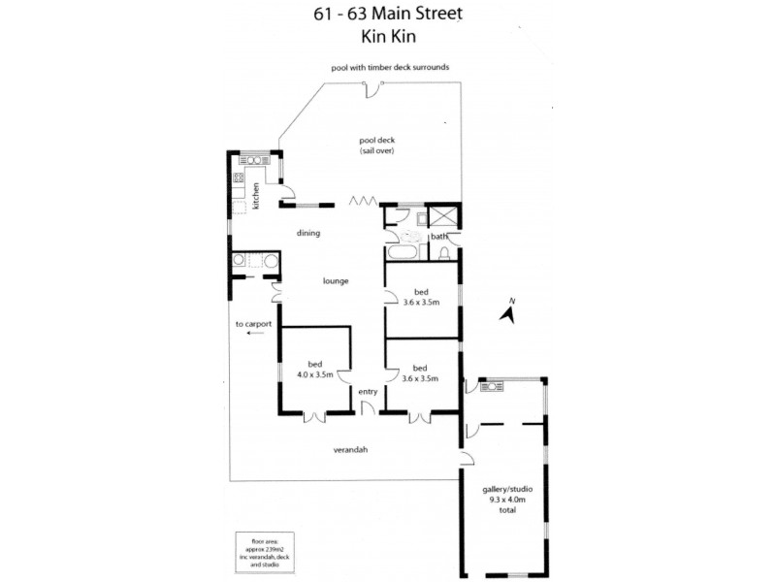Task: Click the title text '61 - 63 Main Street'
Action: (x=387, y=14)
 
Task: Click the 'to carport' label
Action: (x=252, y=323)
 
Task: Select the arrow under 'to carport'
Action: (x=255, y=333)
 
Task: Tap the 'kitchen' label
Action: (x=256, y=196)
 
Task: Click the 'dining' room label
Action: (x=308, y=233)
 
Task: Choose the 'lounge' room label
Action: (x=336, y=281)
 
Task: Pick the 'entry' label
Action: (x=368, y=391)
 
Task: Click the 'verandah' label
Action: (x=349, y=450)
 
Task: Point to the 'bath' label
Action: (x=438, y=237)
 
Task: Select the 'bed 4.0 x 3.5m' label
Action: (x=315, y=370)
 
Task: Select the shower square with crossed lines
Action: (x=445, y=217)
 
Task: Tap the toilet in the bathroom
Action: (x=444, y=253)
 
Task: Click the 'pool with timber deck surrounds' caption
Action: (x=388, y=67)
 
